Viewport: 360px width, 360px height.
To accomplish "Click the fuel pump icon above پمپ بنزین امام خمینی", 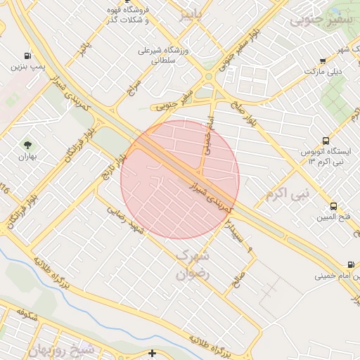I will [x=350, y=265].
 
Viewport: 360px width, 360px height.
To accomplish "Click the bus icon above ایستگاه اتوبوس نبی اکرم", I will [x=325, y=141].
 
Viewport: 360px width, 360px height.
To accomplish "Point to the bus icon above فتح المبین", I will [x=333, y=207].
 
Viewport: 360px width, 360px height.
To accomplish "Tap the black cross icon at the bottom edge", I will [x=153, y=352].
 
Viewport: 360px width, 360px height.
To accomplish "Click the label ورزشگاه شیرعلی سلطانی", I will [x=159, y=56].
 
